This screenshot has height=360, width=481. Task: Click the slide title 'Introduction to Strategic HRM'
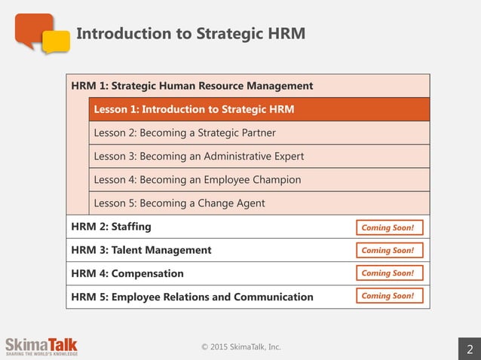pos(191,34)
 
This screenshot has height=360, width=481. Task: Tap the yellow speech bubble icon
pos(57,42)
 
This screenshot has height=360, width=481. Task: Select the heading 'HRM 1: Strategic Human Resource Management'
pos(191,86)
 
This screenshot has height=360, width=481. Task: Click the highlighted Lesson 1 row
pos(259,110)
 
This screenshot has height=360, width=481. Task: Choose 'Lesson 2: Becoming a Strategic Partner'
pos(185,133)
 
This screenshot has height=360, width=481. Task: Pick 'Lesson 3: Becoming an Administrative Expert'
pos(199,157)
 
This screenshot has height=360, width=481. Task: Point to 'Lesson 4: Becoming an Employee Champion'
pos(198,180)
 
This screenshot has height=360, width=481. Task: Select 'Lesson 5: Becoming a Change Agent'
pos(179,203)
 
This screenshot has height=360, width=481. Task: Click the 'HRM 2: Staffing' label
pos(111,227)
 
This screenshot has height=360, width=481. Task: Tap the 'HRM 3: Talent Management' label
pos(141,250)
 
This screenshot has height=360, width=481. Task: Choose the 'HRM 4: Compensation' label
pos(127,273)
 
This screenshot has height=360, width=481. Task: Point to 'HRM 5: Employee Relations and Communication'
pos(191,297)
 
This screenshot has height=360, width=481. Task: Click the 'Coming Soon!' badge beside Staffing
pos(389,227)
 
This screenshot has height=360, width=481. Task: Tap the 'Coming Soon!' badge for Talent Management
pos(389,250)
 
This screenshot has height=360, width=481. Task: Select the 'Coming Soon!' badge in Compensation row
pos(389,273)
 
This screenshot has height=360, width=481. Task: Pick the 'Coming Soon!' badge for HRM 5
pos(389,296)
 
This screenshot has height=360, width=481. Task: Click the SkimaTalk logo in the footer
pos(41,346)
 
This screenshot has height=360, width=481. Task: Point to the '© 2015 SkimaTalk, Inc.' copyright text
pos(240,347)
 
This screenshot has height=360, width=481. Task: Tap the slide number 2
pos(470,349)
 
